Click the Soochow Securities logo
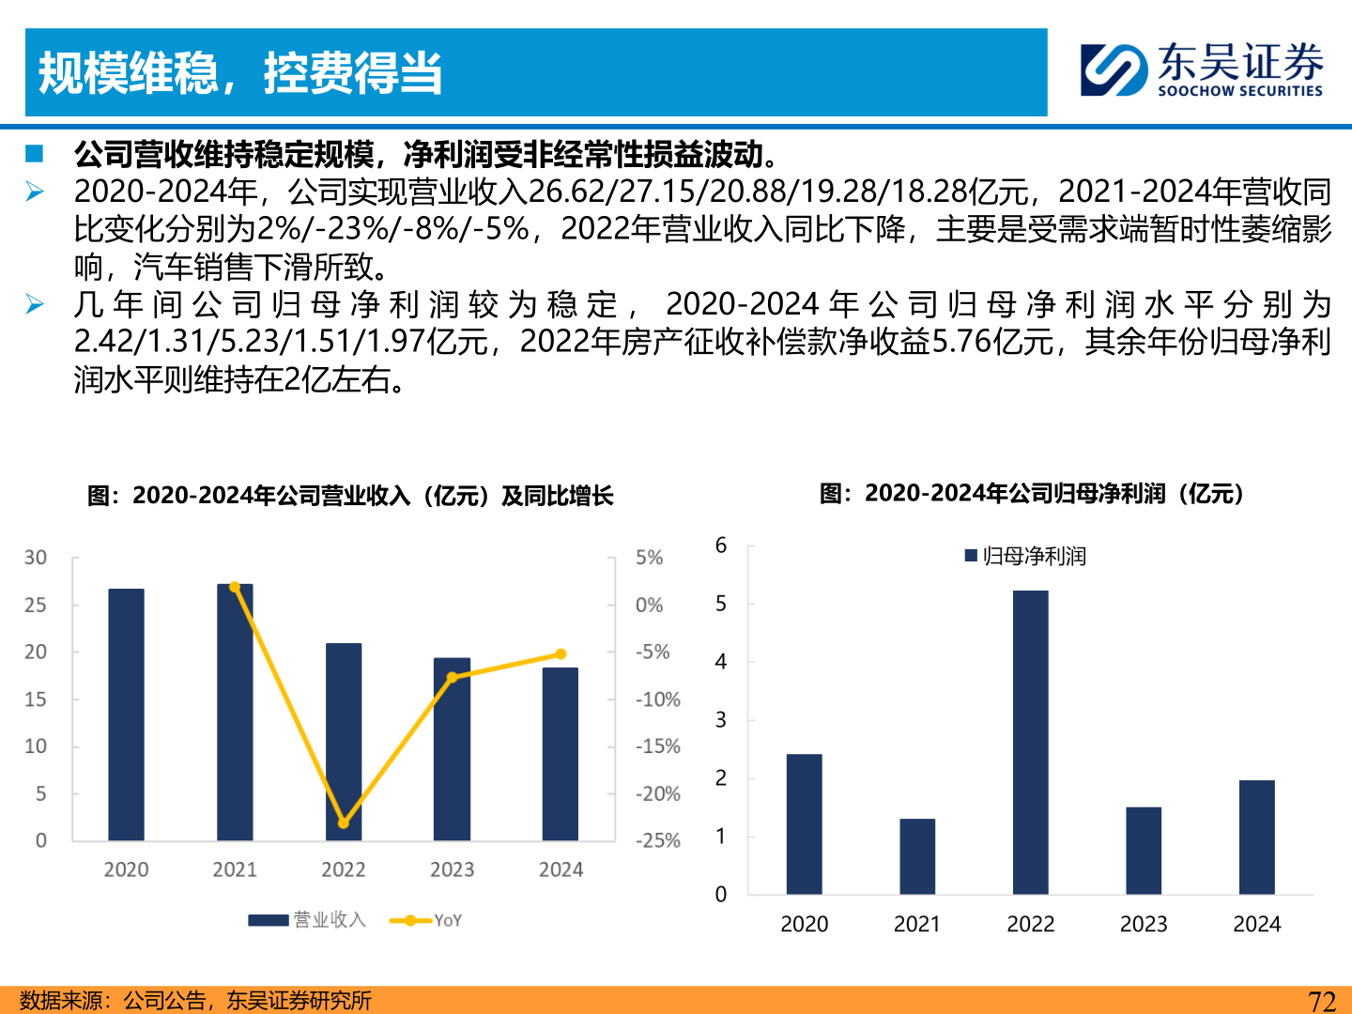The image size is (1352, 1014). point(1202,69)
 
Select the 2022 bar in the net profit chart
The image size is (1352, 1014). point(1030,742)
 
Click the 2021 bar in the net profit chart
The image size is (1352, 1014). point(917,856)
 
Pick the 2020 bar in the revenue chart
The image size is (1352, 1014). point(126,714)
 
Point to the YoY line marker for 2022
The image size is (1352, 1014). point(344,822)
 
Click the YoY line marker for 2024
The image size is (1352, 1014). point(561,654)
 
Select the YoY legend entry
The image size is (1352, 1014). point(426,921)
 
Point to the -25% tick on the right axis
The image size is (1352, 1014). point(657,841)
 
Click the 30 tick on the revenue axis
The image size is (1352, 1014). point(36,558)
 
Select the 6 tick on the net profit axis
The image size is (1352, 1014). point(721,545)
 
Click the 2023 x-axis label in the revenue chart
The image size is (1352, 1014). point(452,870)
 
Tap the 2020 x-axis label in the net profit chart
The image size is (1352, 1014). point(805,925)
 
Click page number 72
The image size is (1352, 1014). point(1322,1001)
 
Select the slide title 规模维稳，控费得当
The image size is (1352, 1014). point(240,73)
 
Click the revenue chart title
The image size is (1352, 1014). point(349,496)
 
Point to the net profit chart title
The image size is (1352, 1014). point(1031,494)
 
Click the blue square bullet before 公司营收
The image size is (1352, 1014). point(35,153)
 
